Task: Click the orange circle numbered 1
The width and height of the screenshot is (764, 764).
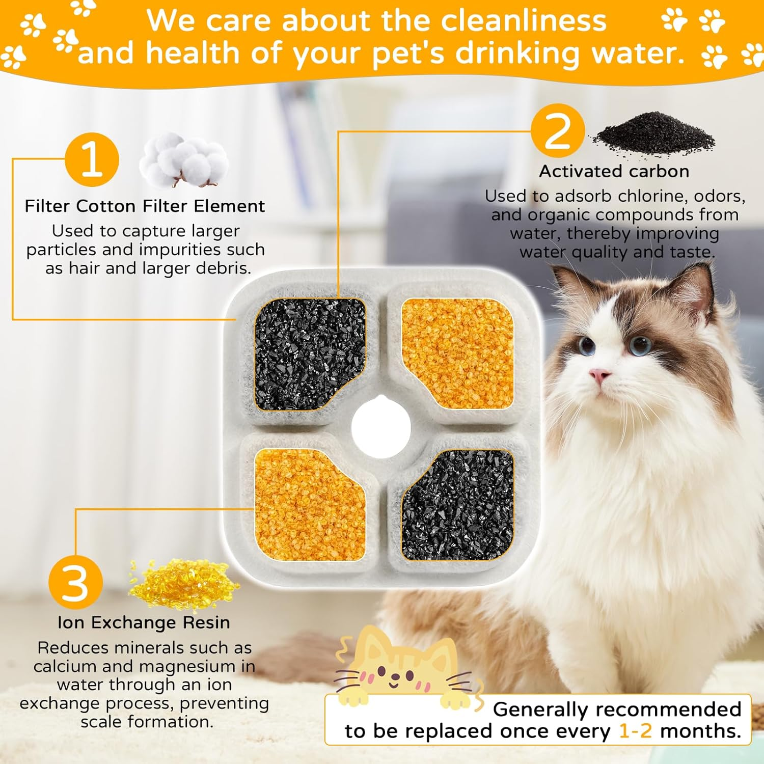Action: [92, 159]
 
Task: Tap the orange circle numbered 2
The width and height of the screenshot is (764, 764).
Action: [557, 131]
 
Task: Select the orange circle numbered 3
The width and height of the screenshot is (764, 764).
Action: [75, 582]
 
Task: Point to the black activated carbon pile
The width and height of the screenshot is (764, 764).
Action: [654, 133]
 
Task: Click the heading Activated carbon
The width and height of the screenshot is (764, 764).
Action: [614, 171]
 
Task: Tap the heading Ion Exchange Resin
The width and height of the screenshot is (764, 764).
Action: [144, 622]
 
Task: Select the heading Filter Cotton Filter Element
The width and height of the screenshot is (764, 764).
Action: [145, 206]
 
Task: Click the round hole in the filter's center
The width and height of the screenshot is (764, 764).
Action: [380, 429]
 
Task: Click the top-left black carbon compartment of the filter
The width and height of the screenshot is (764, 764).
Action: [309, 354]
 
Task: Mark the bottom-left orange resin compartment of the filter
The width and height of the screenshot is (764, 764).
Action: [309, 504]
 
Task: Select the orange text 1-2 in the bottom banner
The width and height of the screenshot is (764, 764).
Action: [635, 731]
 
